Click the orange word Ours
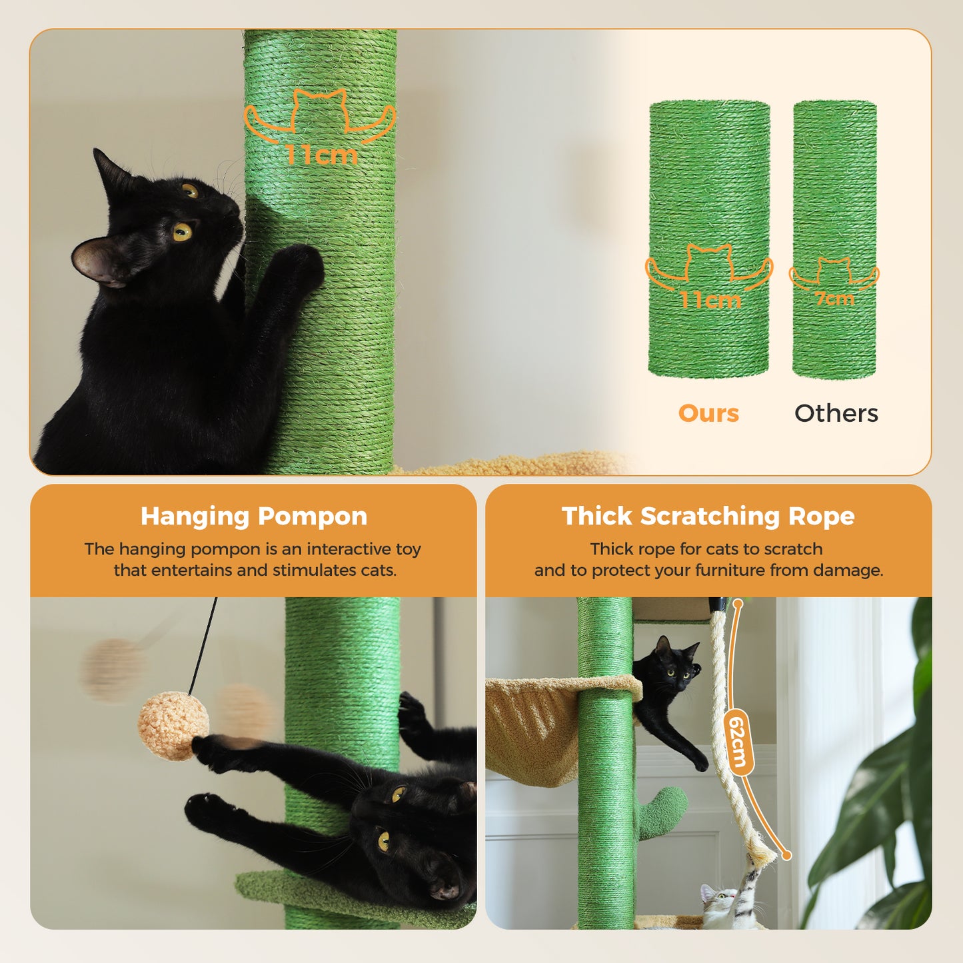point(708,414)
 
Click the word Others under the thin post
point(836,414)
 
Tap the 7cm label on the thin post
point(834,299)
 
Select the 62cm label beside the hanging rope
point(737,741)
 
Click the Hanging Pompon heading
point(254,516)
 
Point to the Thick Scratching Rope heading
point(708,516)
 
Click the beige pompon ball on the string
point(173,726)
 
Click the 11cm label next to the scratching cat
point(321,155)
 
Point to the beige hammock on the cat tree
point(533,726)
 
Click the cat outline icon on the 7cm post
point(834,272)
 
